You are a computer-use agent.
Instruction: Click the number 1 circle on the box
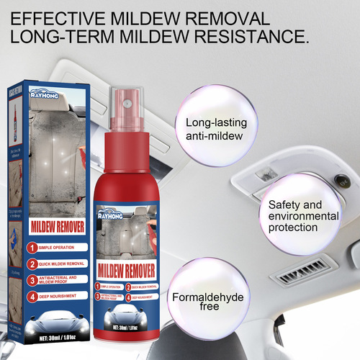point(32,246)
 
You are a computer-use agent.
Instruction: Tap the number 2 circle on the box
point(32,263)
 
